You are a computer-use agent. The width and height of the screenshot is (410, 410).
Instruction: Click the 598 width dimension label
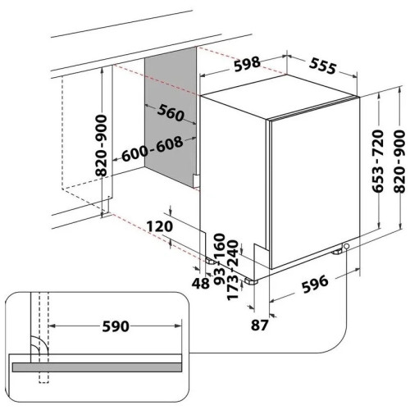(248, 64)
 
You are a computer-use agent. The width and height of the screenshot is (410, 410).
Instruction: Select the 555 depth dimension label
(323, 66)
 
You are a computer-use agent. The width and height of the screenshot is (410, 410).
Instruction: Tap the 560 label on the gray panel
(171, 112)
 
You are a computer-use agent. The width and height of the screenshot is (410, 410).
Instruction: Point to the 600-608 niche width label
(152, 148)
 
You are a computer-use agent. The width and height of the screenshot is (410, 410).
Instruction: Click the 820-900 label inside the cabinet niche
(101, 146)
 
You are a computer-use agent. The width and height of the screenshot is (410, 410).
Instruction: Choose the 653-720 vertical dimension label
(379, 162)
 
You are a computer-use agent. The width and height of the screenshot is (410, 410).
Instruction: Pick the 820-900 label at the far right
(400, 162)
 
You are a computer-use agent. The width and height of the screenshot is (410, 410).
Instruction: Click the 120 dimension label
(160, 226)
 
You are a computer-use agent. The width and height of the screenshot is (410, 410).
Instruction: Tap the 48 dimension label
(201, 284)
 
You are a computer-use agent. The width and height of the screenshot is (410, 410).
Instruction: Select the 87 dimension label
(260, 326)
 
